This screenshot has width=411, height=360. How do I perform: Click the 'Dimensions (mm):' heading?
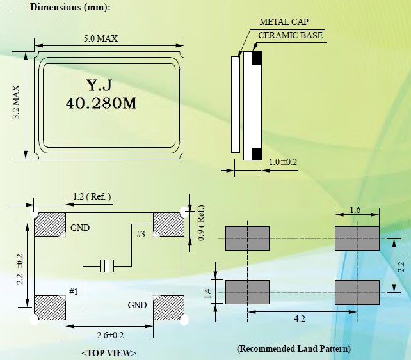pyautogui.click(x=70, y=8)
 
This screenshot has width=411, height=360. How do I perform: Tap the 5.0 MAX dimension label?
pyautogui.click(x=101, y=38)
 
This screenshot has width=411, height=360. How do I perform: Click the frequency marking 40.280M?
pyautogui.click(x=101, y=104)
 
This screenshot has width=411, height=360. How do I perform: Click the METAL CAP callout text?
pyautogui.click(x=284, y=22)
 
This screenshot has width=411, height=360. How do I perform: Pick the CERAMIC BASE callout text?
pyautogui.click(x=290, y=35)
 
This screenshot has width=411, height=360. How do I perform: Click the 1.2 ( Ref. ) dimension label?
pyautogui.click(x=92, y=196)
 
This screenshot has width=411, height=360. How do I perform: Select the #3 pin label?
pyautogui.click(x=141, y=235)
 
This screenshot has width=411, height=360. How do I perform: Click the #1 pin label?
pyautogui.click(x=74, y=292)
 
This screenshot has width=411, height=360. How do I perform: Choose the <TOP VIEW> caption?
pyautogui.click(x=109, y=352)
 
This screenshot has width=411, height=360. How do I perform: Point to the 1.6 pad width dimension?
pyautogui.click(x=357, y=210)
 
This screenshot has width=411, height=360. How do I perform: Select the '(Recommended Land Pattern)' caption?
pyautogui.click(x=294, y=348)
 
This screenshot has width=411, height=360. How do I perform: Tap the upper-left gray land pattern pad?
pyautogui.click(x=247, y=238)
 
